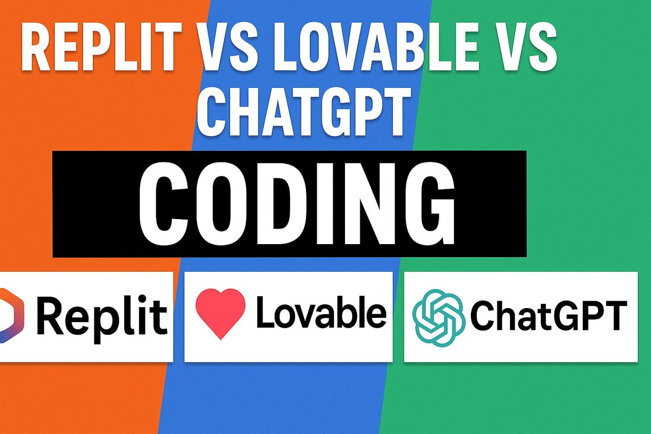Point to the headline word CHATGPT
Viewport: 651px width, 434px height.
pos(302,110)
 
